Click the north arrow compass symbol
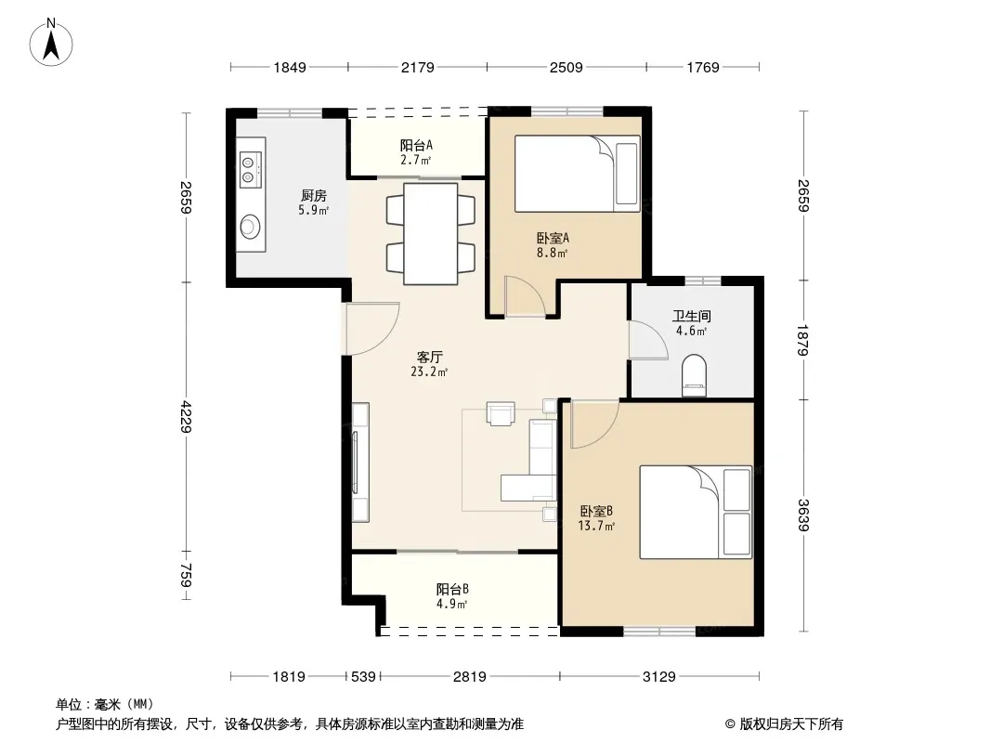[x=51, y=43]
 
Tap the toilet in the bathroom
[x=694, y=375]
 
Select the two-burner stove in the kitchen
[x=251, y=170]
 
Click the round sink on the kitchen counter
[x=250, y=227]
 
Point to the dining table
[x=431, y=233]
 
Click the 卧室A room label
[x=554, y=238]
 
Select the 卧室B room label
[x=596, y=512]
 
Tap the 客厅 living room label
[x=429, y=358]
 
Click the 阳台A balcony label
[x=416, y=145]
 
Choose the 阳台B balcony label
[x=452, y=589]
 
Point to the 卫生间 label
[x=691, y=316]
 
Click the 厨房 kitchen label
[x=314, y=195]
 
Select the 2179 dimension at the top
[x=418, y=67]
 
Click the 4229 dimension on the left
[x=186, y=416]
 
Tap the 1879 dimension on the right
[x=802, y=340]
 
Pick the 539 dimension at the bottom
[x=363, y=677]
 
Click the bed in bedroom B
[x=696, y=512]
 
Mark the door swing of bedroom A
[x=526, y=295]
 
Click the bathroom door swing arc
[x=648, y=340]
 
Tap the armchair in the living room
[x=500, y=413]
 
